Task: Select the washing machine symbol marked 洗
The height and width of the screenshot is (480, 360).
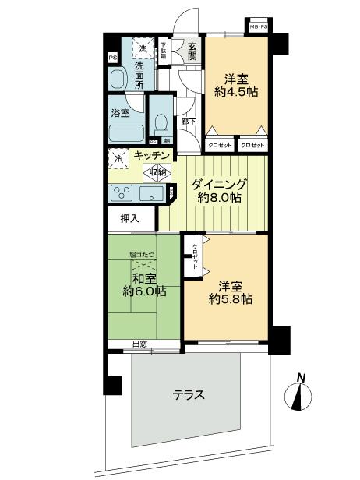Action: pos(143,50)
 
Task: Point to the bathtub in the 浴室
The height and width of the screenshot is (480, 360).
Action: pos(127,132)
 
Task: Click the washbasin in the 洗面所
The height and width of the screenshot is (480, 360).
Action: pos(118,78)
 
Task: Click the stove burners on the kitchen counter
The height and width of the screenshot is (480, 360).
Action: pos(122,192)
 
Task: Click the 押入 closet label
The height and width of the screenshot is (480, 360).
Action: pos(129,218)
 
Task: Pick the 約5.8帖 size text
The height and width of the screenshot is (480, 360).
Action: pos(231,298)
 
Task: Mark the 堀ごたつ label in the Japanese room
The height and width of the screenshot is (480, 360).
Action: pos(143,255)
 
